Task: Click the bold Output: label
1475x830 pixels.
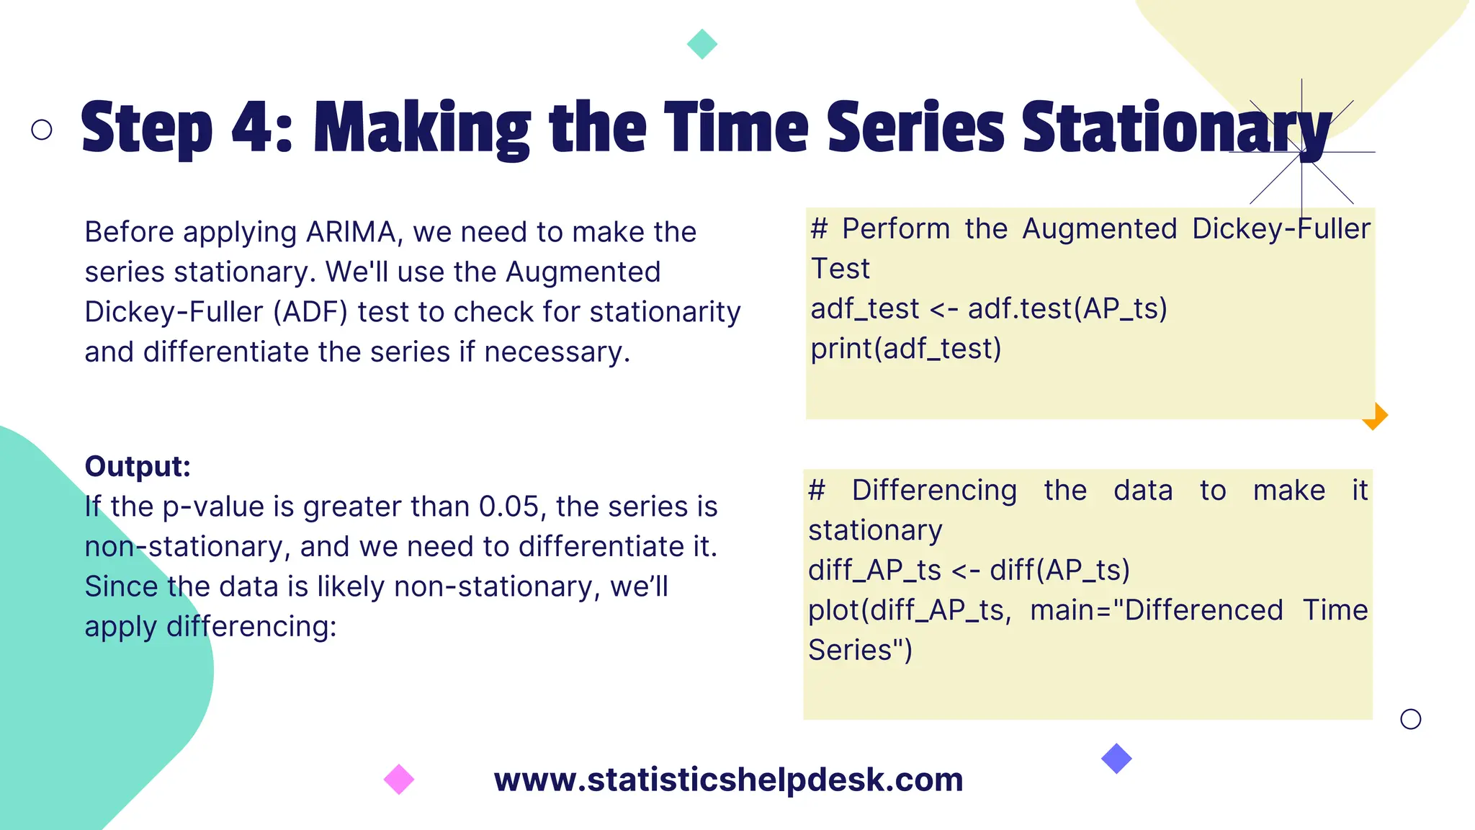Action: pyautogui.click(x=138, y=466)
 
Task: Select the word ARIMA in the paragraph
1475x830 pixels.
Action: pyautogui.click(x=351, y=232)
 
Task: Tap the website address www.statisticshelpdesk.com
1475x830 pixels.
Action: pyautogui.click(x=728, y=780)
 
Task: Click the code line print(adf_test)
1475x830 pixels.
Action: pyautogui.click(x=906, y=349)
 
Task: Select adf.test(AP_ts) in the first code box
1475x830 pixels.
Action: pyautogui.click(x=1067, y=309)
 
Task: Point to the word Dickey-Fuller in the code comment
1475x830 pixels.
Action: pyautogui.click(x=1281, y=229)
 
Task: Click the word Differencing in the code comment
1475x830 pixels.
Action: pyautogui.click(x=934, y=491)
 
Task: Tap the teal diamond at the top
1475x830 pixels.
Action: pyautogui.click(x=702, y=44)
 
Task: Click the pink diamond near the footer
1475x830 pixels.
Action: pyautogui.click(x=399, y=780)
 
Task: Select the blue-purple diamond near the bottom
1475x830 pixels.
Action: pyautogui.click(x=1116, y=759)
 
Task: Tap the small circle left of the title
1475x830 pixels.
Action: pyautogui.click(x=42, y=130)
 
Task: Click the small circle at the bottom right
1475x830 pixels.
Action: pyautogui.click(x=1410, y=719)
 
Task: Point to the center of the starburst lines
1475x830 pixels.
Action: pyautogui.click(x=1301, y=152)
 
